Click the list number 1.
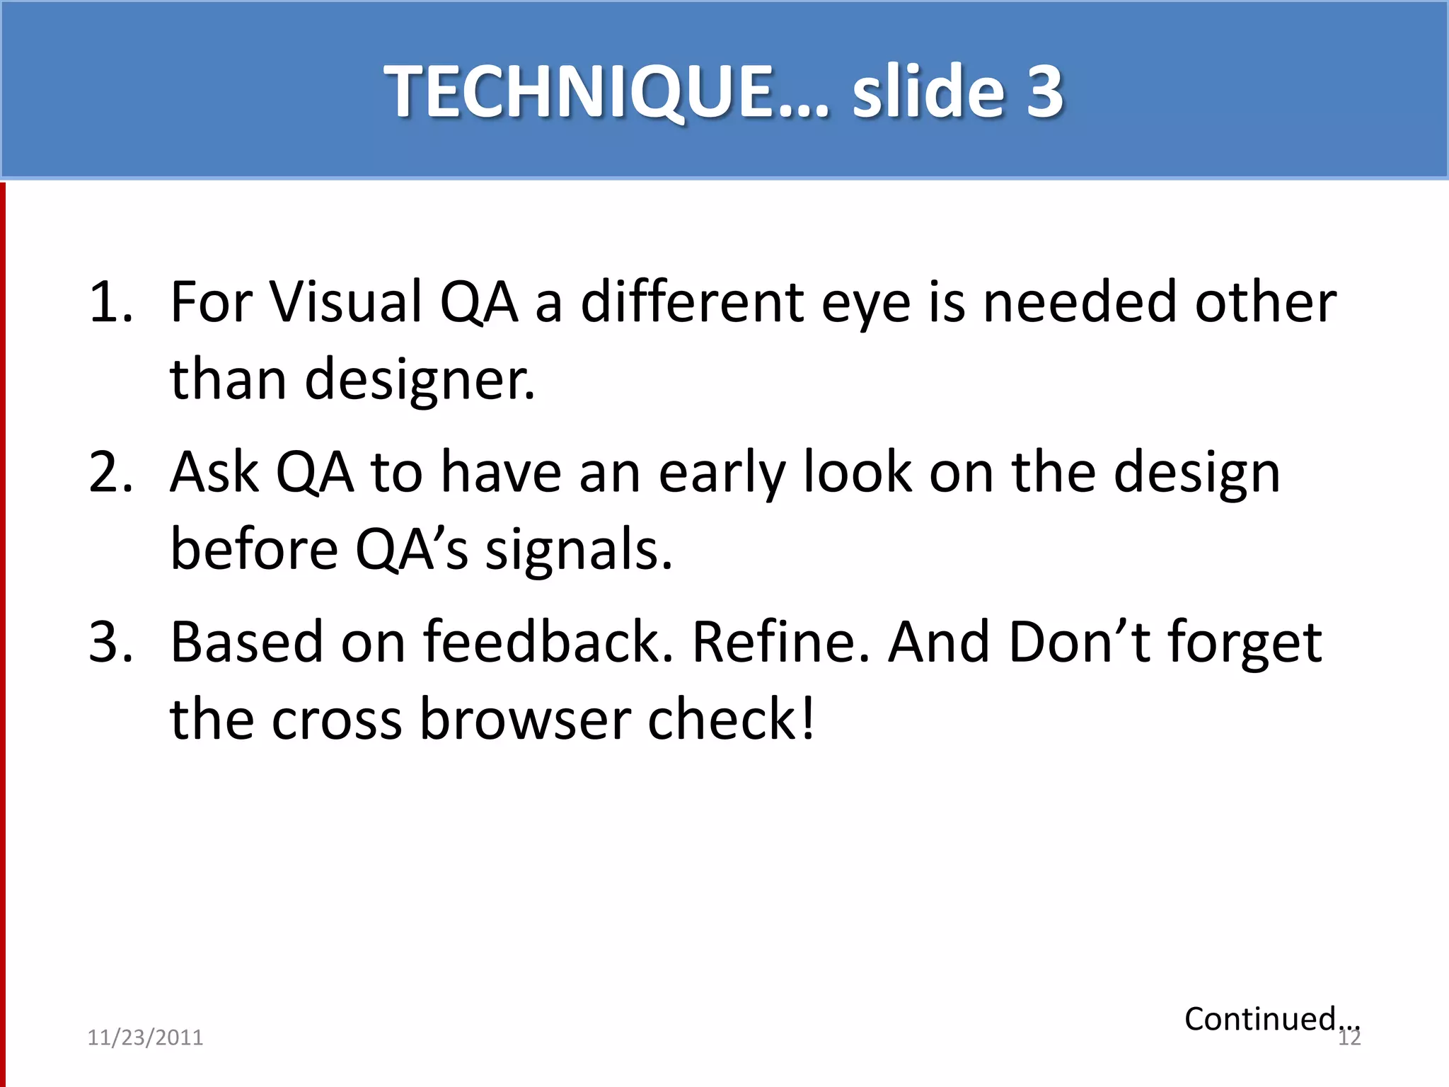click(x=110, y=303)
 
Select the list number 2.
click(x=110, y=473)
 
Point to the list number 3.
click(x=110, y=643)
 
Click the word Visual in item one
click(x=346, y=303)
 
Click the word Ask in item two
click(x=214, y=473)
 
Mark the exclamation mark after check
click(x=807, y=720)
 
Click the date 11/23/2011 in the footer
click(x=145, y=1037)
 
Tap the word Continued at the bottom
click(x=1259, y=1019)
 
